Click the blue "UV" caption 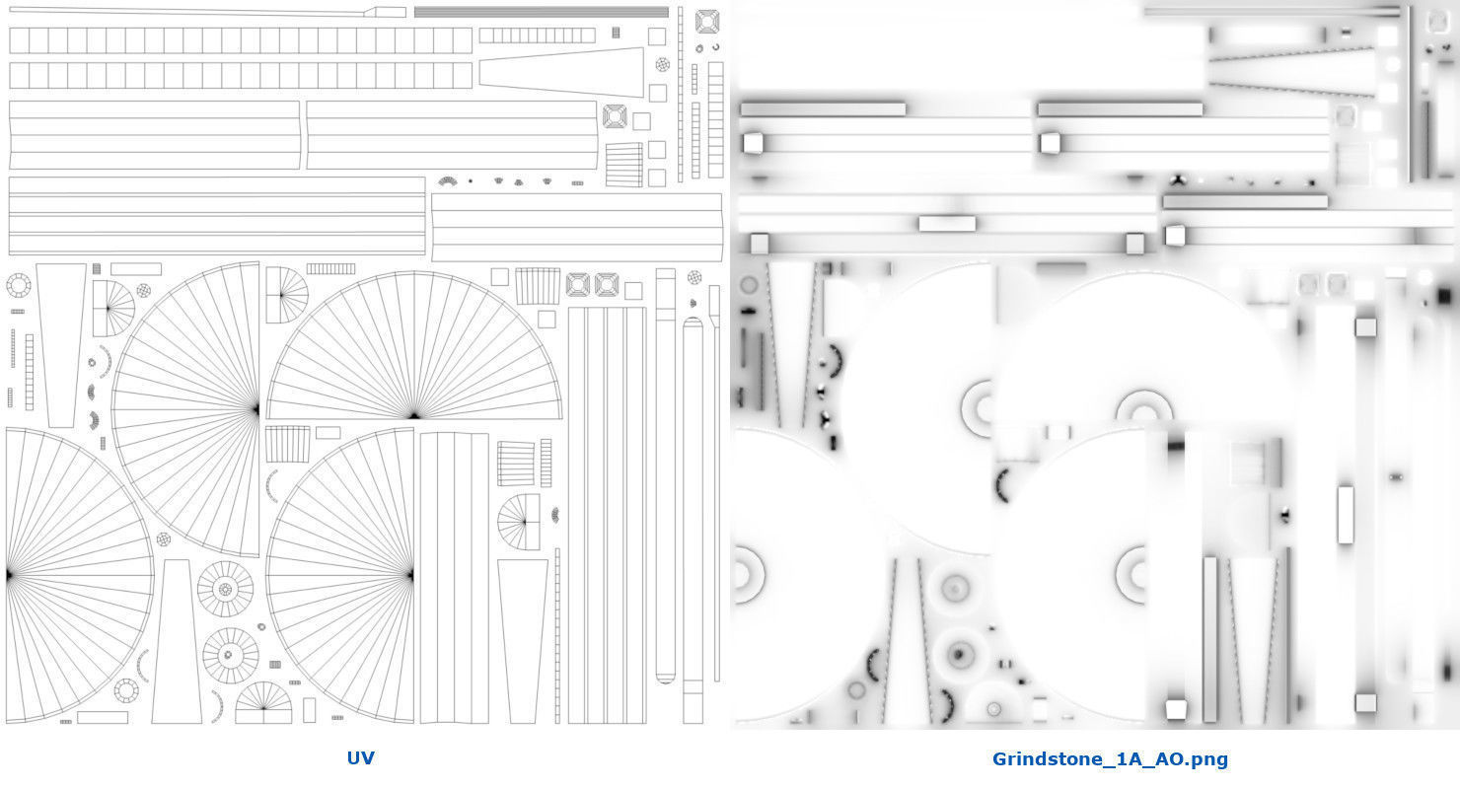click(360, 757)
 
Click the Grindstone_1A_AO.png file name click(1110, 759)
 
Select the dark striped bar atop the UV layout click(541, 12)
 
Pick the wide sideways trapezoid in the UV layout click(561, 72)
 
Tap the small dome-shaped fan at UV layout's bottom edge click(263, 703)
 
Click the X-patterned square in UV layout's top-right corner click(707, 22)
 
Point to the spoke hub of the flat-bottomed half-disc click(414, 415)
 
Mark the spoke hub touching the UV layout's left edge click(9, 575)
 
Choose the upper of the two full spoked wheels click(226, 589)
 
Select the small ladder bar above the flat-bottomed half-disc click(330, 268)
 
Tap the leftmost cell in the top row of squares click(19, 40)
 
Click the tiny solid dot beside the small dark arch click(471, 181)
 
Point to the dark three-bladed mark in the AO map click(1177, 180)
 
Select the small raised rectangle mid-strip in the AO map click(947, 224)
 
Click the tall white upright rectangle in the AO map click(1346, 514)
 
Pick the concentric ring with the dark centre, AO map click(959, 654)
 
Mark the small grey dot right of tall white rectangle click(1396, 477)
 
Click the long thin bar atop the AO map click(1272, 12)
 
